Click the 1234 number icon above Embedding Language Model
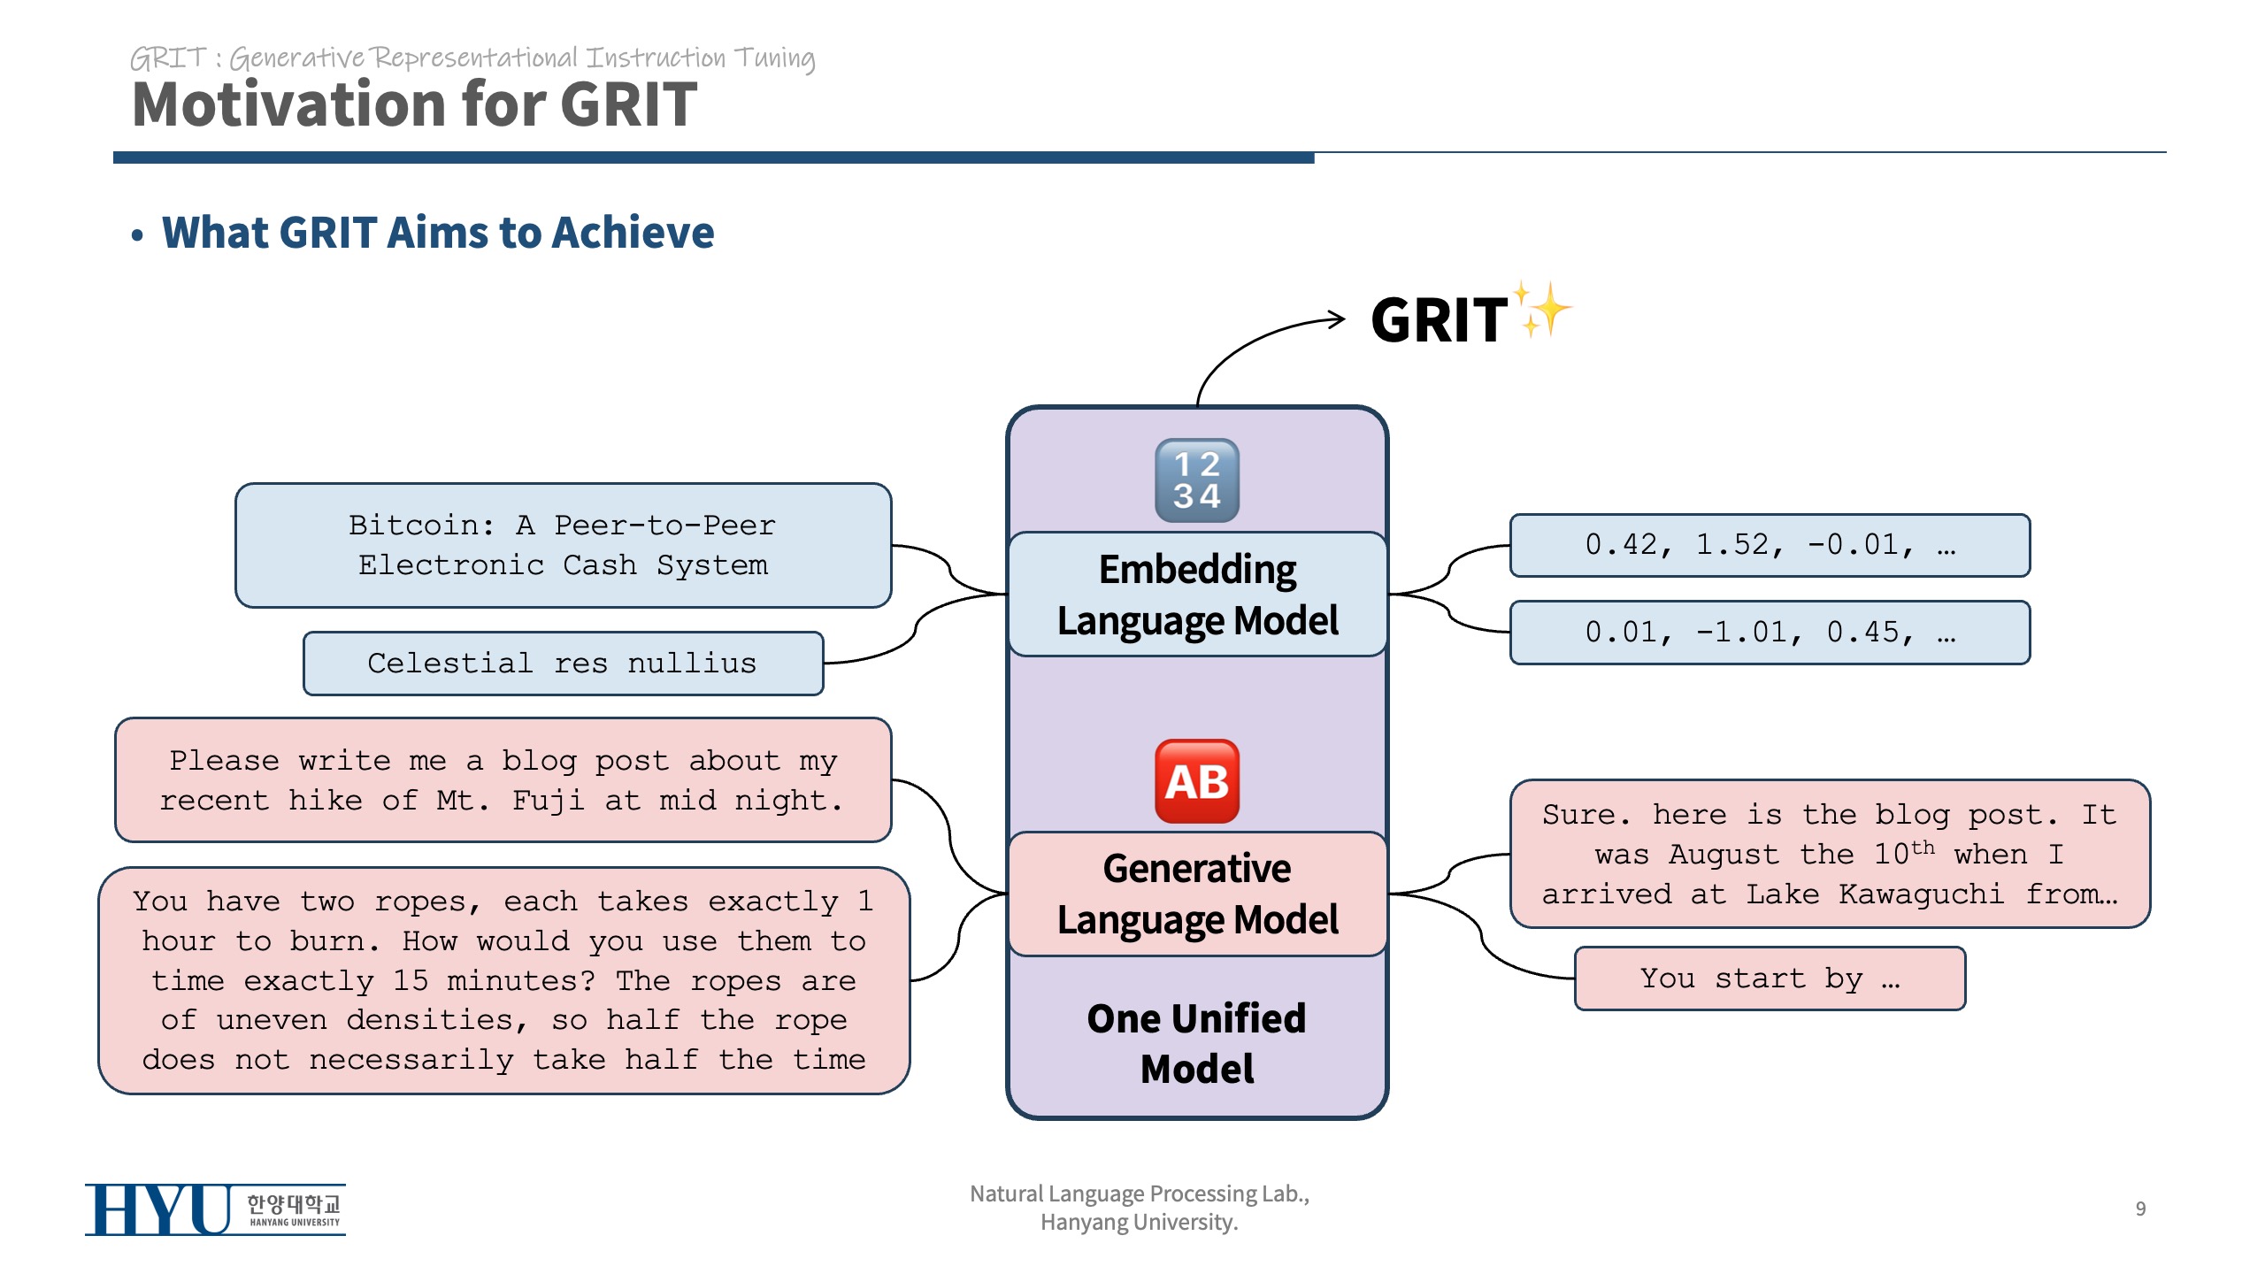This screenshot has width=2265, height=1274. (1197, 480)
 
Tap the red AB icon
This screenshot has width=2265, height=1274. (1197, 781)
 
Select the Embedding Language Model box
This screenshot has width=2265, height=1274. (1197, 595)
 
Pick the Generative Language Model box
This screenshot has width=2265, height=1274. (1197, 894)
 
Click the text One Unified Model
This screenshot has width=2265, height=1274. (1197, 1043)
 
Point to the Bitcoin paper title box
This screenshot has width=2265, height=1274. (563, 545)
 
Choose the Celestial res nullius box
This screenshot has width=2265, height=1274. (563, 664)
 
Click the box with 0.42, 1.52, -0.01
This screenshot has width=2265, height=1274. (1770, 545)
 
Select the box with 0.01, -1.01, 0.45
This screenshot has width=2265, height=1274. (1770, 633)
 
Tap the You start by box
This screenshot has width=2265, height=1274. (1770, 979)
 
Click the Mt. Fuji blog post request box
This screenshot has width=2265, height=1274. (503, 780)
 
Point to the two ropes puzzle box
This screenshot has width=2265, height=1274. (503, 980)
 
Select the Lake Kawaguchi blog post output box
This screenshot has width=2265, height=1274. (1830, 854)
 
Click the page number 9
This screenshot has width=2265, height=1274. (2140, 1209)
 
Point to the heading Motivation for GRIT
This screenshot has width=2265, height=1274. (414, 104)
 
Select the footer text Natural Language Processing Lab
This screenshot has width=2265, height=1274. (1139, 1194)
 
